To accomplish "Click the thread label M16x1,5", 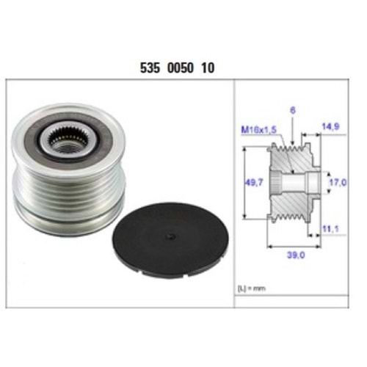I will click(x=258, y=130).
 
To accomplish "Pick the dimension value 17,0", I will click(x=337, y=178).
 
